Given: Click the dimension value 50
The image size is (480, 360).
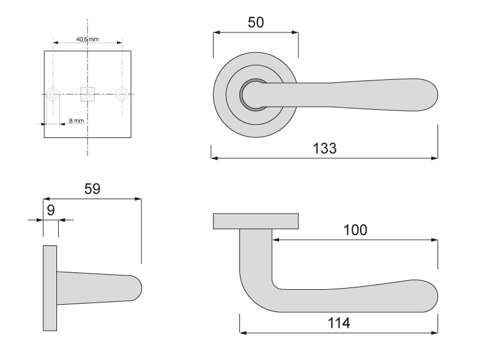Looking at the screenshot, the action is click(x=256, y=22).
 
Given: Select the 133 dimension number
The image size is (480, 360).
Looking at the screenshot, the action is click(x=325, y=148).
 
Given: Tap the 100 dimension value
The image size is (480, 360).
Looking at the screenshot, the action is click(x=355, y=230).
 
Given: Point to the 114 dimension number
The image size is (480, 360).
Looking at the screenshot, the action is click(x=338, y=323).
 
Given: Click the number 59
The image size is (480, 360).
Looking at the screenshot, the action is click(x=92, y=189).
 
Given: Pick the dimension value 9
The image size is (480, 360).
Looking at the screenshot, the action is click(x=51, y=211).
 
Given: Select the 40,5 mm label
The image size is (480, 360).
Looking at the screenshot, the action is click(x=87, y=39).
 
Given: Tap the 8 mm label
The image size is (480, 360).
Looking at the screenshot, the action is click(x=76, y=121).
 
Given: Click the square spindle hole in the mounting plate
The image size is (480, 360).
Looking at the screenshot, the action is click(x=88, y=94).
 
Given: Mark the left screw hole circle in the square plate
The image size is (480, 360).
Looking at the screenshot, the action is click(x=53, y=94).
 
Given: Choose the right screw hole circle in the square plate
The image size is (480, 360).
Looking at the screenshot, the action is click(x=122, y=94).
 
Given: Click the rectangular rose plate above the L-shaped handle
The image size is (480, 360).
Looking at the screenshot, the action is click(x=256, y=221).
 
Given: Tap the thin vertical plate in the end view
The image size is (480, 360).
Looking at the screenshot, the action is click(x=50, y=288).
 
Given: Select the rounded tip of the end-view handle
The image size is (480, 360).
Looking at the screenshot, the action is click(x=136, y=288).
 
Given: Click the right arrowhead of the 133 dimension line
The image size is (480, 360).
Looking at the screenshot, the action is click(x=434, y=158).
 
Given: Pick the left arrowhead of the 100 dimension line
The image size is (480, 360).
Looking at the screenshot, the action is click(x=276, y=239).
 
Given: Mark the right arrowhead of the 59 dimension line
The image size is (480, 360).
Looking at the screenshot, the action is click(x=138, y=199).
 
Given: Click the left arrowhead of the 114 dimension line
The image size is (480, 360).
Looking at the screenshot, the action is click(x=244, y=332).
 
